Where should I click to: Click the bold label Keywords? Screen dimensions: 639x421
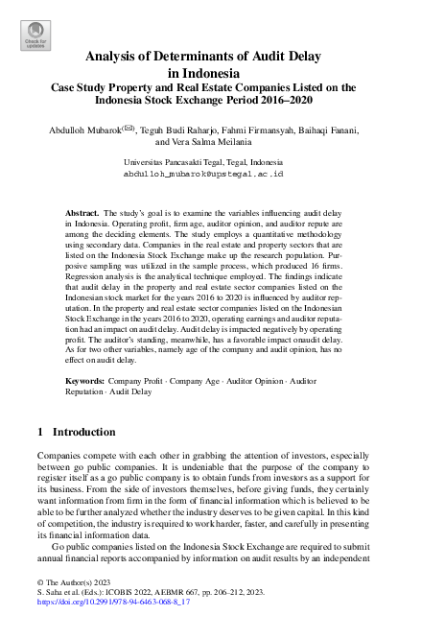[x=85, y=381]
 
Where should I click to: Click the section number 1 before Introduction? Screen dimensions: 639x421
[x=39, y=432]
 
